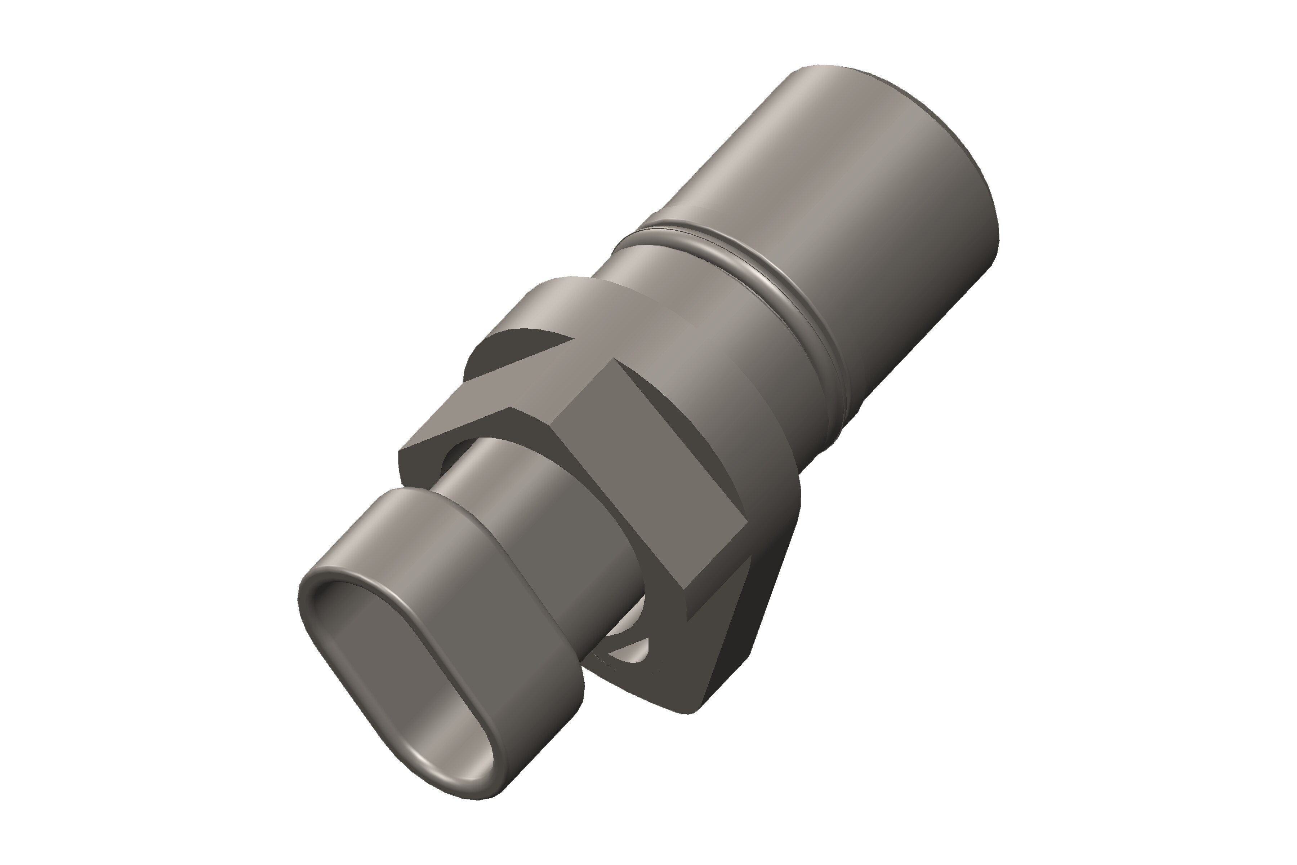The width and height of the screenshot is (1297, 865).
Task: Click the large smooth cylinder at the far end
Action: (860, 165)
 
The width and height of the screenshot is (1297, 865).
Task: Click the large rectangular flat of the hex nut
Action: (651, 469)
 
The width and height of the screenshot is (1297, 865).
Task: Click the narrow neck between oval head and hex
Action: (496, 474)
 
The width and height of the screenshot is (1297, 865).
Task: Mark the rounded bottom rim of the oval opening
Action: (441, 789)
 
